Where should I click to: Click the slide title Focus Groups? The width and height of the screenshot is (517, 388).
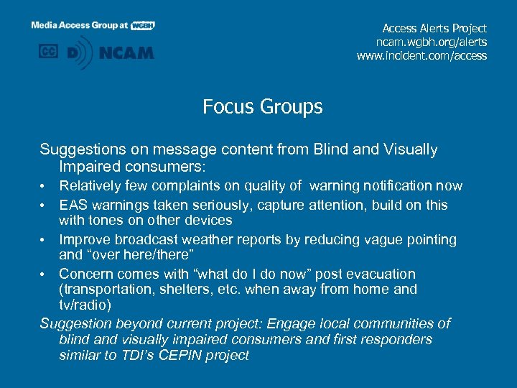tap(262, 107)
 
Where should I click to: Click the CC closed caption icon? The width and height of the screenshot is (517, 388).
tap(48, 52)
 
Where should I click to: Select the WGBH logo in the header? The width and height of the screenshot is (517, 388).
tap(143, 25)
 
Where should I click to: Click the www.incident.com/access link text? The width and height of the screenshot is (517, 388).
tap(421, 55)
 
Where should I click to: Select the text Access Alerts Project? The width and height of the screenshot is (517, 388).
tap(434, 28)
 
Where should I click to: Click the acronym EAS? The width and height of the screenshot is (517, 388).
tap(73, 205)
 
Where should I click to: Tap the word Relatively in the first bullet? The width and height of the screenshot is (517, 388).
tap(89, 186)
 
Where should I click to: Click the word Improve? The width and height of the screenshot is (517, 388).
tap(83, 239)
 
